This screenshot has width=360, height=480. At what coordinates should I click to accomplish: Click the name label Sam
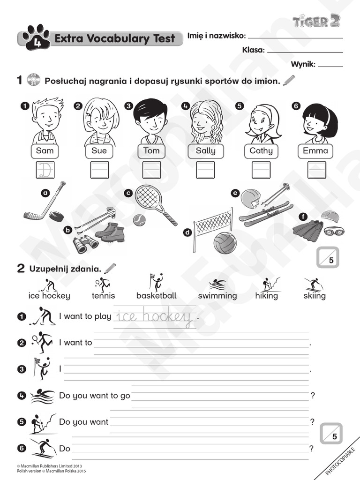point(45,151)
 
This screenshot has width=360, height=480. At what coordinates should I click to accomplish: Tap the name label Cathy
point(261,151)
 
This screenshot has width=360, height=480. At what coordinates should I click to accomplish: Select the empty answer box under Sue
point(99,170)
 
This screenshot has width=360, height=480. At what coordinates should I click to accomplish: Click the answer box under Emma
point(316,170)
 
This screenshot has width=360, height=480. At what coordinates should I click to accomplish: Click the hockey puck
point(56,217)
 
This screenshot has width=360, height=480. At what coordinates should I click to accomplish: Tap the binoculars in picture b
point(85,243)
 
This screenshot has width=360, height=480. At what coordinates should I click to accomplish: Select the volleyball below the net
point(225,242)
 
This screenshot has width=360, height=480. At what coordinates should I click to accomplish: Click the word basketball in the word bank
point(157,296)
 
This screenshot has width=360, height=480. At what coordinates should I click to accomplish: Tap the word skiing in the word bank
point(314,296)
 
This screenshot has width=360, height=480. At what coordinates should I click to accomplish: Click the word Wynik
point(303,64)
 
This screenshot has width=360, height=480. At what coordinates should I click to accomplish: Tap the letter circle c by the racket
point(128,193)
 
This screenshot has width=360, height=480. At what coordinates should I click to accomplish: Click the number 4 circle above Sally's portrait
point(186,106)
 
